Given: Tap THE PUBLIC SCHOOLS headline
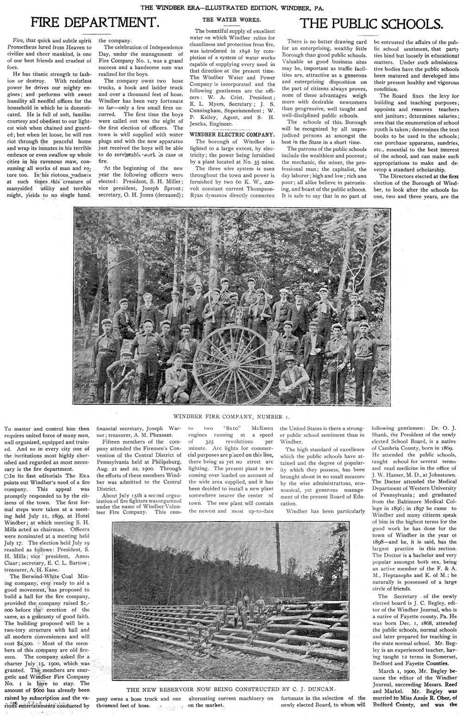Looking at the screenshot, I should [x=369, y=23].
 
